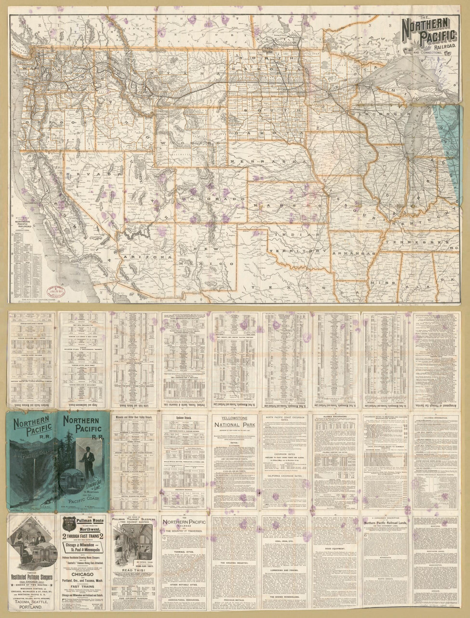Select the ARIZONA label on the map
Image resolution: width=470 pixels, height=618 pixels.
[x=148, y=257]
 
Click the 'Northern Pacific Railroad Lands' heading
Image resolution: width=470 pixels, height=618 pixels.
[x=387, y=527]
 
